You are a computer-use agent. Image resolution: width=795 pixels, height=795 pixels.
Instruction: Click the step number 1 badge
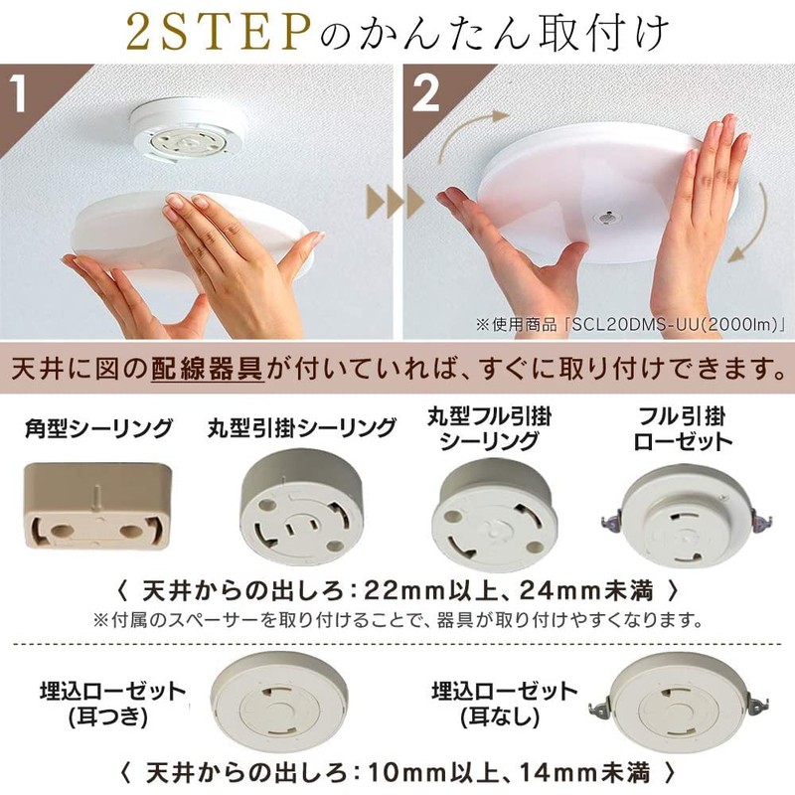point(19,92)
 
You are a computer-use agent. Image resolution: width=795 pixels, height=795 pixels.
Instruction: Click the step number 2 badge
point(425,92)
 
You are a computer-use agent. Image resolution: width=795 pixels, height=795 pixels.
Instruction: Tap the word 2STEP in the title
point(218,33)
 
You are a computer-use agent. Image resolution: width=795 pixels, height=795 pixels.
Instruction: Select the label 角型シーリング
point(98,428)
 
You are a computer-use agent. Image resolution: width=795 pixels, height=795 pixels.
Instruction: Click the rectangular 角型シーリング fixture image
point(97,506)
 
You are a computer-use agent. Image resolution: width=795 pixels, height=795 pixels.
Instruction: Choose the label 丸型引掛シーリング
point(301,428)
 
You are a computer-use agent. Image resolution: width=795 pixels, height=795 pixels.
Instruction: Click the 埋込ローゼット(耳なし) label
point(504,705)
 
